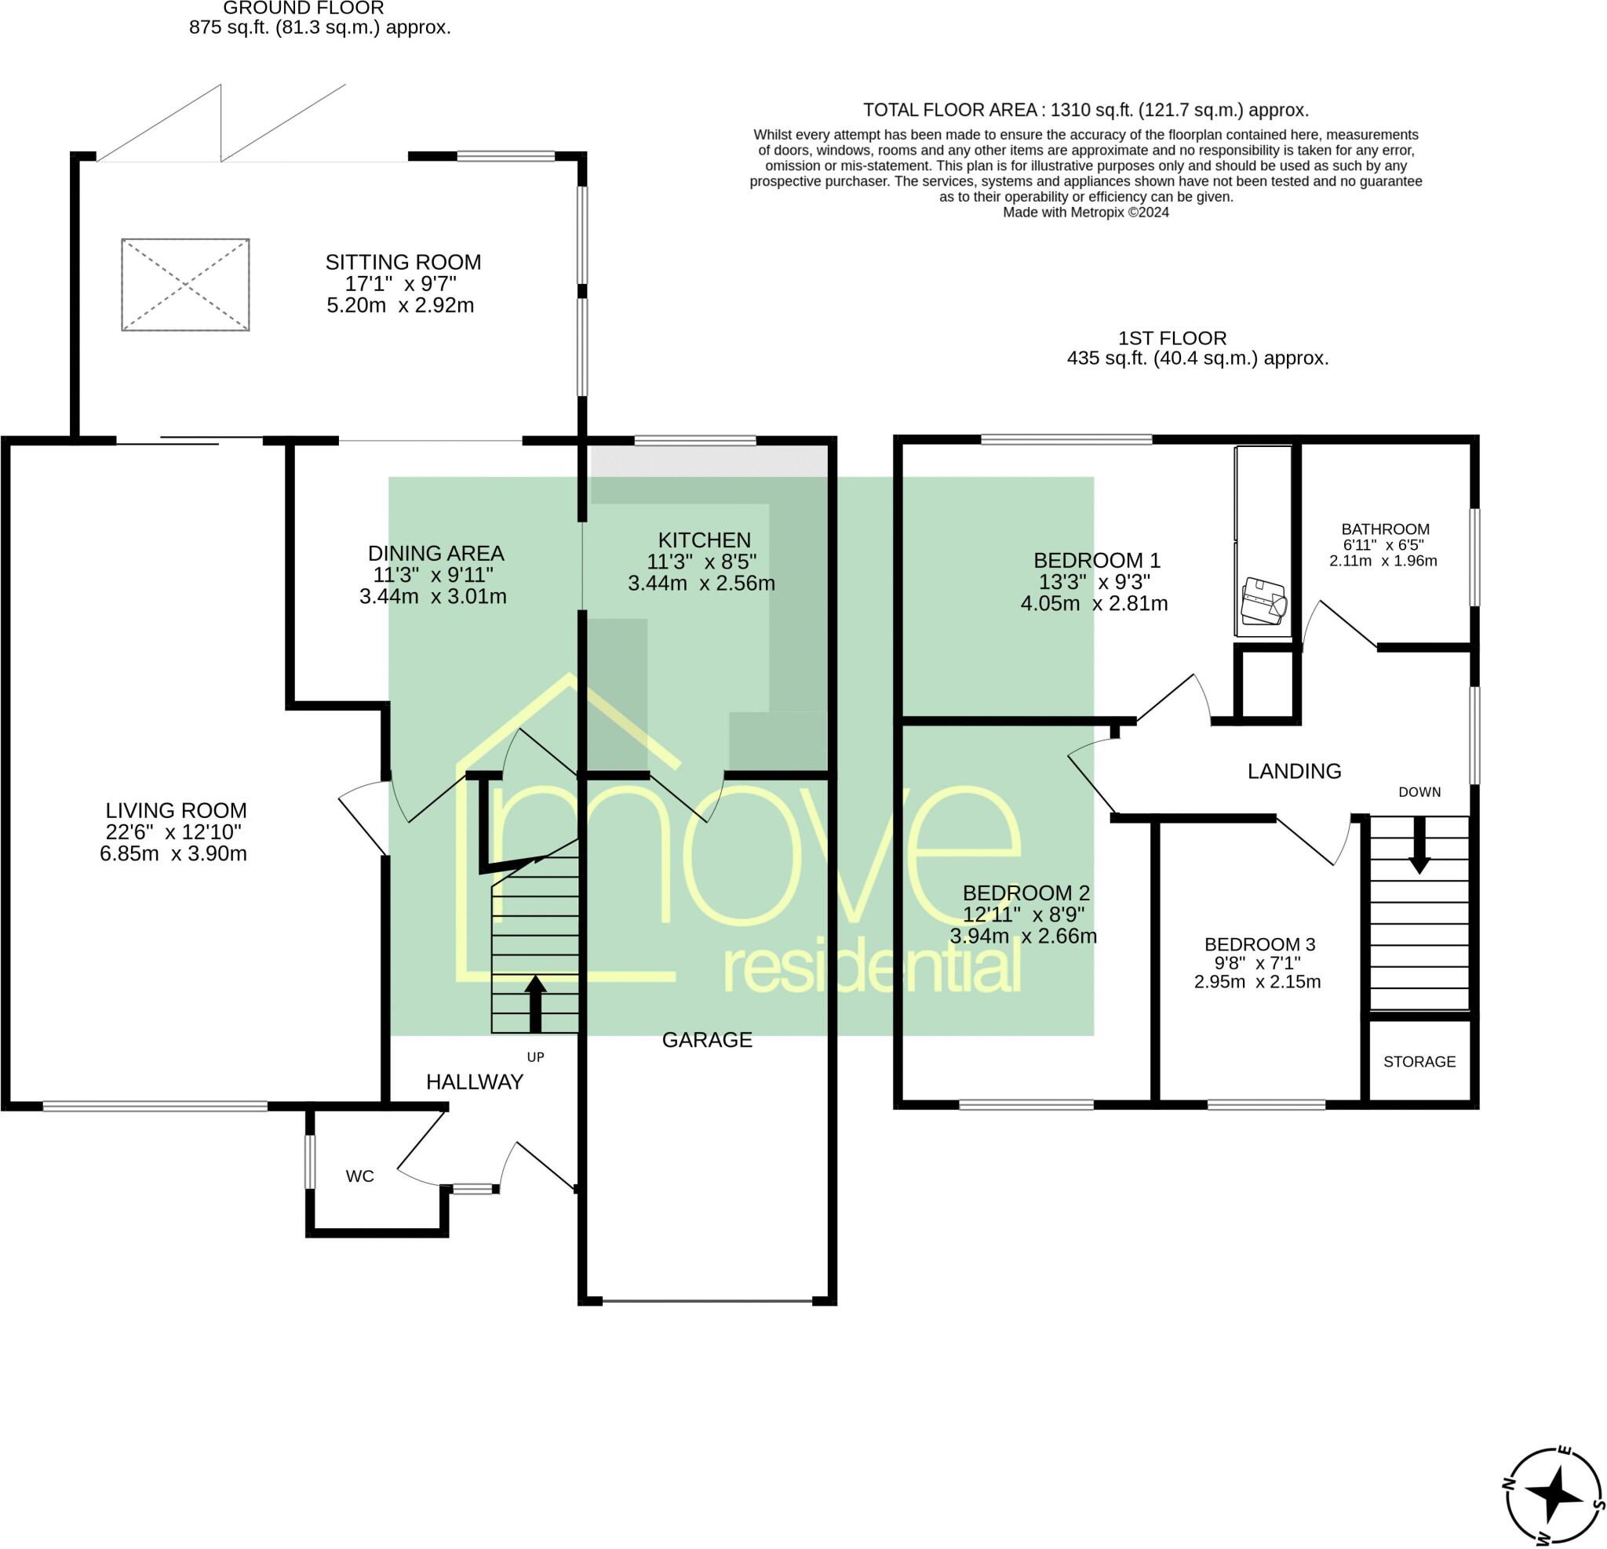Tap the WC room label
(360, 1177)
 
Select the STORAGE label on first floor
(1419, 1062)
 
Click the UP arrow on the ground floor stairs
(535, 1003)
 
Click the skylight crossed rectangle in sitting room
(185, 285)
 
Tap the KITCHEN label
(705, 540)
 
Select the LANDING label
(1294, 771)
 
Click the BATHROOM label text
(1385, 529)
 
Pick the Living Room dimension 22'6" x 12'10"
(176, 832)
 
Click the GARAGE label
(707, 1040)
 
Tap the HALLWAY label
(474, 1082)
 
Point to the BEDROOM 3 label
(1259, 944)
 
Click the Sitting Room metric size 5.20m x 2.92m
(400, 306)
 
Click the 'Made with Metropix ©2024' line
(1085, 213)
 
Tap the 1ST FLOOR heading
(1172, 338)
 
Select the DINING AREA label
(435, 553)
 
